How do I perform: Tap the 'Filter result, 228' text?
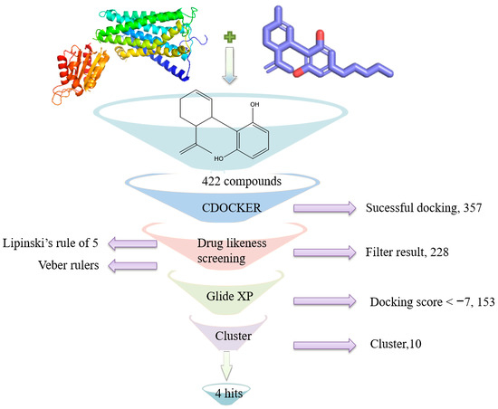(x=407, y=255)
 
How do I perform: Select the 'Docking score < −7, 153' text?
(x=428, y=300)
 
